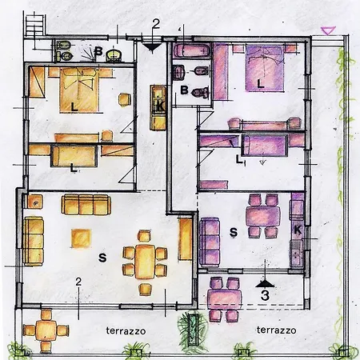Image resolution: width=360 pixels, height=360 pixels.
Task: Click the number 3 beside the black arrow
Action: pyautogui.click(x=265, y=295)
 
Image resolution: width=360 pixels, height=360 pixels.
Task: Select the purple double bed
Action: pyautogui.click(x=265, y=69)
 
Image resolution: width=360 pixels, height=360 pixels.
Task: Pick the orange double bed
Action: pyautogui.click(x=79, y=90)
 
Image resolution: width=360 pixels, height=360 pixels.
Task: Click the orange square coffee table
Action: pyautogui.click(x=81, y=238)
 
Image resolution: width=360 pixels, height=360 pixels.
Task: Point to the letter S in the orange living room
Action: pyautogui.click(x=102, y=258)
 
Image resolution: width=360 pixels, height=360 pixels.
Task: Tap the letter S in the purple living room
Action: pyautogui.click(x=234, y=232)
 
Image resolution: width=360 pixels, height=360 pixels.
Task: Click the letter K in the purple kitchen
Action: pyautogui.click(x=298, y=230)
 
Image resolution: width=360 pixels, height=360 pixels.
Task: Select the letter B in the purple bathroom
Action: pyautogui.click(x=184, y=90)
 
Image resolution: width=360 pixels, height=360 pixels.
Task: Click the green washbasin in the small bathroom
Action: pyautogui.click(x=114, y=55)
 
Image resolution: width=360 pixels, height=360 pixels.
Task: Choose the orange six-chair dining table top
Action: pyautogui.click(x=145, y=262)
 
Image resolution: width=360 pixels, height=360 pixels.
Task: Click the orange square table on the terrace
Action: pyautogui.click(x=46, y=330)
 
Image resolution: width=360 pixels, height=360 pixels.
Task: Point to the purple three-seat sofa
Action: pyautogui.click(x=210, y=242)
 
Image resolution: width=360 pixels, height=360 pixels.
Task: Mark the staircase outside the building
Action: pyautogui.click(x=34, y=26)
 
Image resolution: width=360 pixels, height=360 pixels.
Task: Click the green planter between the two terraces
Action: pyautogui.click(x=193, y=330)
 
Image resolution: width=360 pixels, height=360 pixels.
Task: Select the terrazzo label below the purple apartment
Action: pyautogui.click(x=277, y=330)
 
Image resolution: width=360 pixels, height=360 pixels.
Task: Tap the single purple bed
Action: pyautogui.click(x=265, y=146)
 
